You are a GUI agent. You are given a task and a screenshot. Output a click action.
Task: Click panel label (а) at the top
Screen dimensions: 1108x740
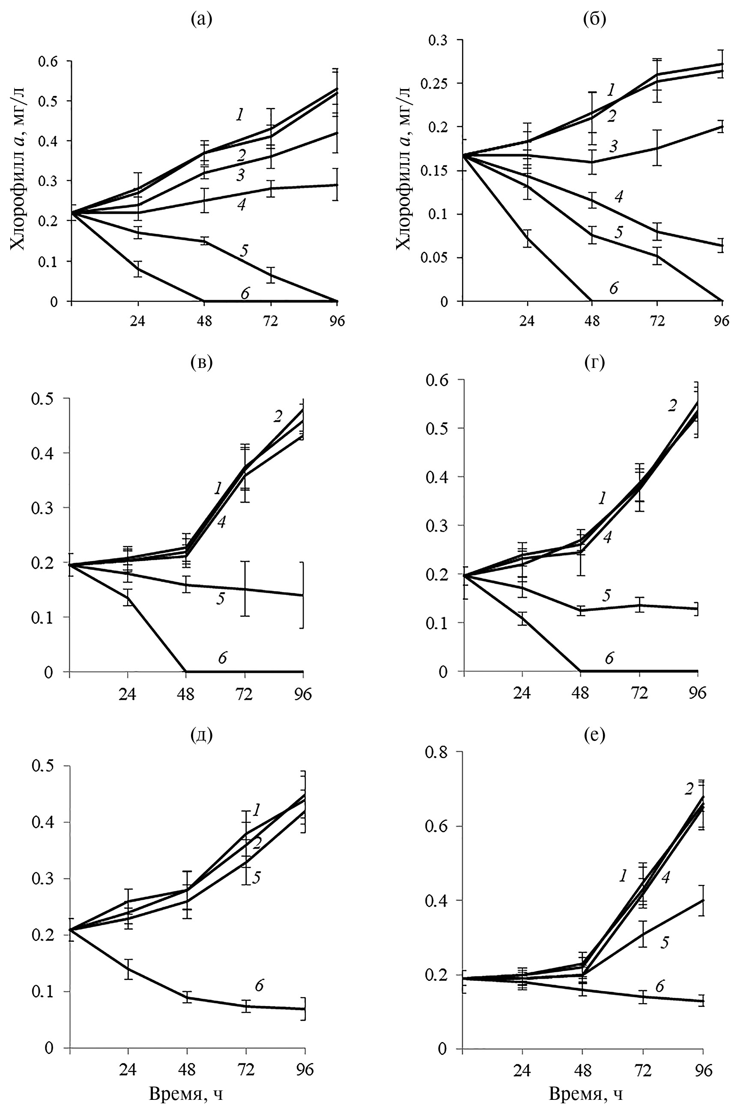(x=202, y=19)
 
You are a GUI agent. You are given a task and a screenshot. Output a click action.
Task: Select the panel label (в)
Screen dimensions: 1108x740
(x=202, y=362)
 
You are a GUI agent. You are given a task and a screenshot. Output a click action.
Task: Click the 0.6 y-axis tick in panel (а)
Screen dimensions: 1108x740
(x=48, y=61)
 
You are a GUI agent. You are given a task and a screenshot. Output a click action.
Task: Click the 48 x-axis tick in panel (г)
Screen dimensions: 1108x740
(x=581, y=692)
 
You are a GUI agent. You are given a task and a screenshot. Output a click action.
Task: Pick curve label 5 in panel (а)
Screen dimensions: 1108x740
(x=244, y=250)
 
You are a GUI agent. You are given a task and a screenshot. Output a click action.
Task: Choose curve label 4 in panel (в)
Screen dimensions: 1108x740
(x=221, y=522)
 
